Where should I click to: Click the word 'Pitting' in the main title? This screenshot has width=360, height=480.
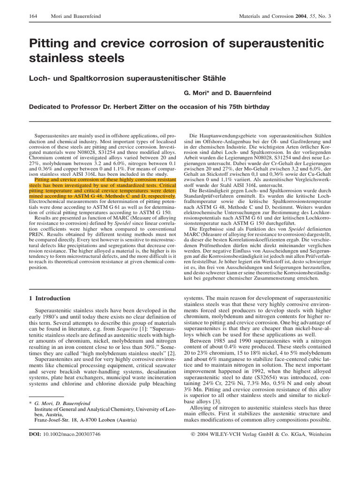(x=50, y=44)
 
